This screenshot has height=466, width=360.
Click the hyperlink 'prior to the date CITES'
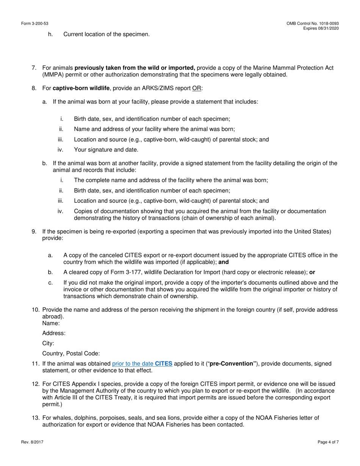point(142,364)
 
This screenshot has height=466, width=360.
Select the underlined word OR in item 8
point(197,88)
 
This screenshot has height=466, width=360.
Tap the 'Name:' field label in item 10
point(51,323)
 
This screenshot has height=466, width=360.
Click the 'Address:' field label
point(54,333)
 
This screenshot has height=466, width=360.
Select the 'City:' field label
point(48,344)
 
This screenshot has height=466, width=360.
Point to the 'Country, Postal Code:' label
point(71,354)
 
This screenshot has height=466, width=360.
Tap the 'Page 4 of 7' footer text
point(328,442)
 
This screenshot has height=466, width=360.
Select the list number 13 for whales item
point(35,418)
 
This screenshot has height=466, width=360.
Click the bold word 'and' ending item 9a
point(224,262)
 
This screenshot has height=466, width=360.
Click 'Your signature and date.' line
point(106,150)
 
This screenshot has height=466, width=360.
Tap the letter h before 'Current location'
point(50,34)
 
